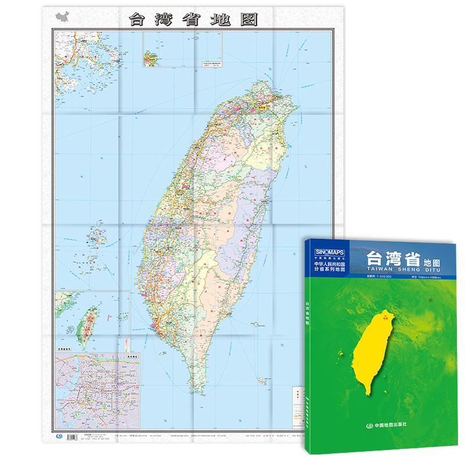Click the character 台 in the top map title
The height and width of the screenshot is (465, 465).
138,18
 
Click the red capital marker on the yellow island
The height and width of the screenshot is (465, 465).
384,318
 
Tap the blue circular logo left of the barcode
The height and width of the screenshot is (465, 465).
58,435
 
